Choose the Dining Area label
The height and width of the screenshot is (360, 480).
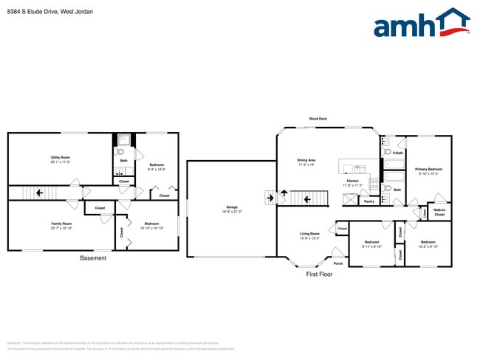tap(306, 160)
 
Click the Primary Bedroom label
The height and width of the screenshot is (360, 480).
tap(428, 169)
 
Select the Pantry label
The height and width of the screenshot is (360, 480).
tap(369, 201)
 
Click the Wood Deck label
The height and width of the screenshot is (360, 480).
tap(318, 119)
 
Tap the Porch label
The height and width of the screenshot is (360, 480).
tap(338, 263)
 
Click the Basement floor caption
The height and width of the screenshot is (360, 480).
tap(93, 258)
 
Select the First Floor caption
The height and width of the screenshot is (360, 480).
tap(319, 274)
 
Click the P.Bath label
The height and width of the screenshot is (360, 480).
tap(397, 153)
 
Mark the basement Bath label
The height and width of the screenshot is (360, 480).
tap(124, 160)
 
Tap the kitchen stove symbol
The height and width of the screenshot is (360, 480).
tap(374, 184)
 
